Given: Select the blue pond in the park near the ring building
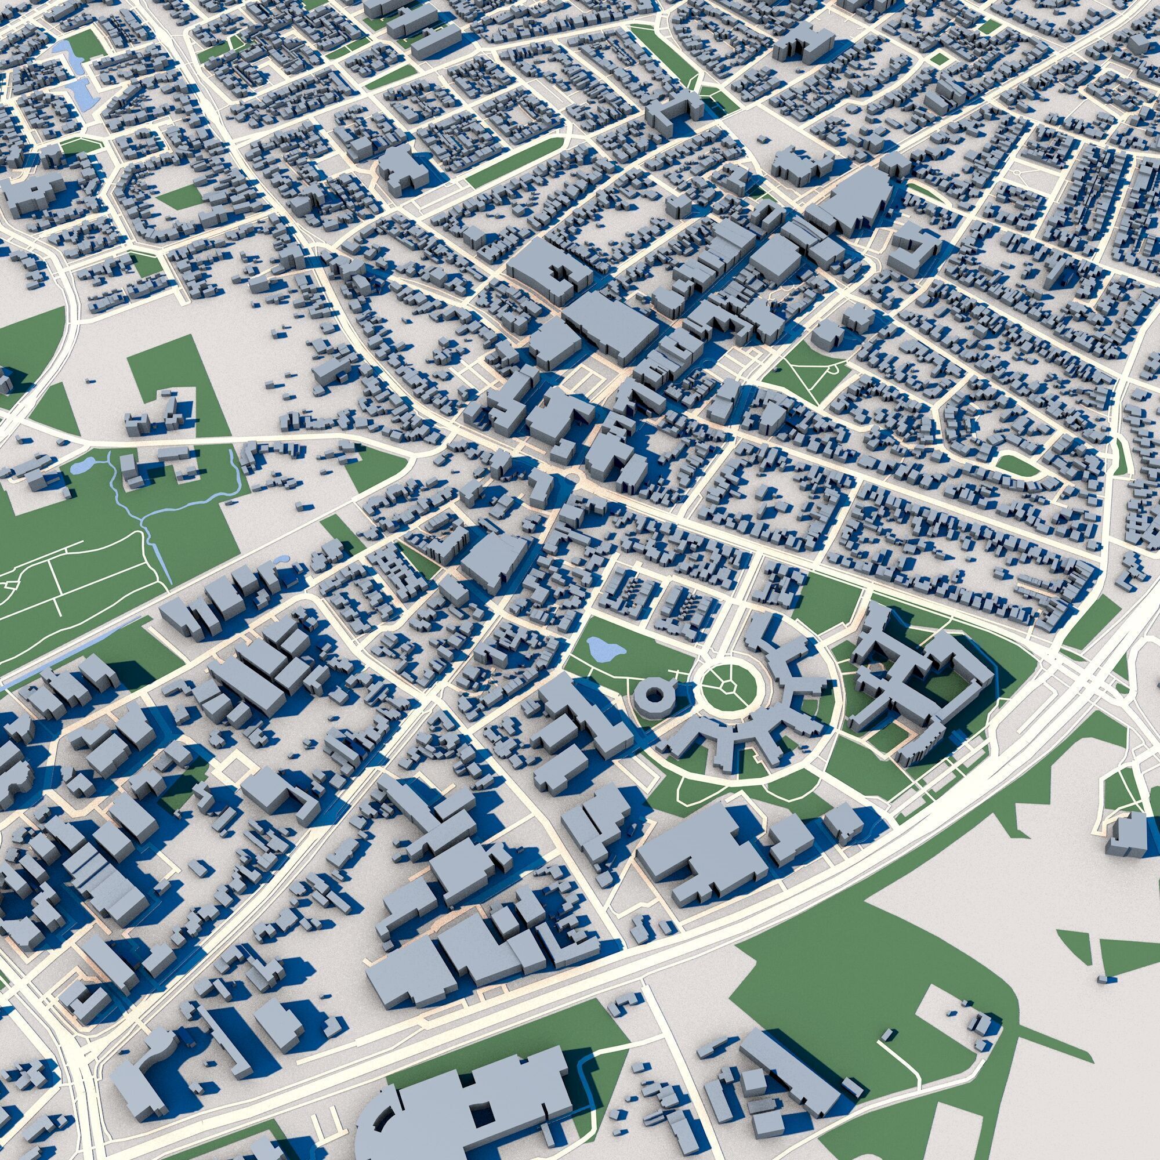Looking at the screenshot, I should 604,648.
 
